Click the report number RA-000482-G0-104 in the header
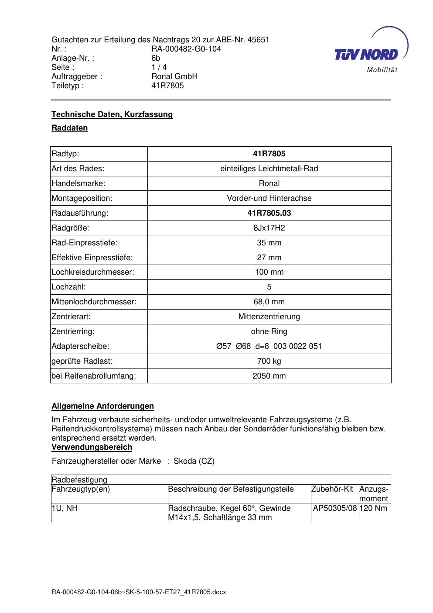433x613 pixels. tap(186, 49)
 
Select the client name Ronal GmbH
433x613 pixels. tap(174, 76)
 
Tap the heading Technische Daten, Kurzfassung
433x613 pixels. tap(112, 114)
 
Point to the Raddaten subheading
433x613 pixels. tap(70, 128)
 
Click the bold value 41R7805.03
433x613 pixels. tap(269, 213)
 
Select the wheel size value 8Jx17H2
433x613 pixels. tap(269, 228)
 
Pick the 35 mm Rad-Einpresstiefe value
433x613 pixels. tap(269, 243)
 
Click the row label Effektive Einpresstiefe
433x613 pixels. tap(92, 258)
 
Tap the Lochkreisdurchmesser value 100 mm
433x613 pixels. tap(269, 272)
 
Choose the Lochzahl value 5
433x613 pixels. tap(269, 287)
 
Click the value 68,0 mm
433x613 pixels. tap(269, 302)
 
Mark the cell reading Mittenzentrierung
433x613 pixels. tap(269, 317)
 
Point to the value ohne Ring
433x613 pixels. tap(269, 331)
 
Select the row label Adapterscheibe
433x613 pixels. tap(80, 346)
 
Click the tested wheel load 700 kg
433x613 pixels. tap(269, 361)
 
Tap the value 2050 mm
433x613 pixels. tap(269, 376)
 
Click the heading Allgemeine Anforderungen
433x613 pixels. tap(102, 406)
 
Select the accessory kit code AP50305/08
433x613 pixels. tap(335, 508)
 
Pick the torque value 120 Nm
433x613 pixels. tap(374, 508)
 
